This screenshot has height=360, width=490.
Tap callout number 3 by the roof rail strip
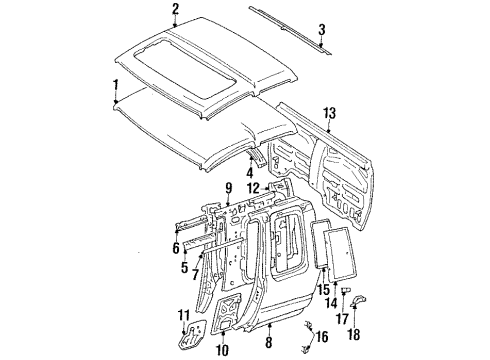[322, 29]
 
